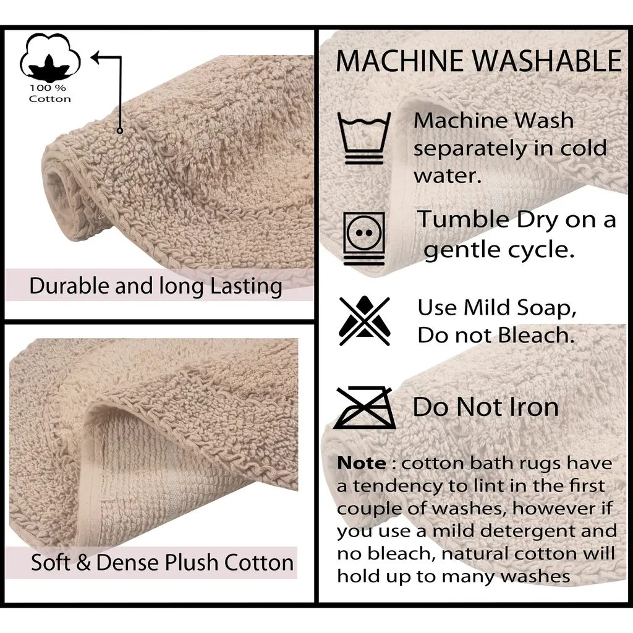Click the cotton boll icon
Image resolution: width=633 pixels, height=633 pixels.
point(50,57)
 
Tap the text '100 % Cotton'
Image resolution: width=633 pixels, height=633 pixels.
point(49,93)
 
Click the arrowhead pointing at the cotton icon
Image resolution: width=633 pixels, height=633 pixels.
point(96,57)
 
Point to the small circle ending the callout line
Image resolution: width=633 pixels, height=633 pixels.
point(119,130)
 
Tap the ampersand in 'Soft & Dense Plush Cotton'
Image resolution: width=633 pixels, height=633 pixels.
point(83,563)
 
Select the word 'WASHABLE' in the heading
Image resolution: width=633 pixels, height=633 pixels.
point(547,61)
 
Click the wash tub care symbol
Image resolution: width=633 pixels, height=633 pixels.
point(364,138)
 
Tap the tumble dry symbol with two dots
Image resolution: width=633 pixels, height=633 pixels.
point(364,238)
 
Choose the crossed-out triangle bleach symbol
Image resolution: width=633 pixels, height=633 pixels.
point(365,321)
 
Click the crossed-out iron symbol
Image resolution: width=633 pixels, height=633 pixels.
point(365,407)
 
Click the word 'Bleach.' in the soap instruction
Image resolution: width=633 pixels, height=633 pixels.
point(536,335)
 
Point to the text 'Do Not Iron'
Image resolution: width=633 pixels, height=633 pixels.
point(486,407)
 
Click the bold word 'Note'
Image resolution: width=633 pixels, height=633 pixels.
point(361,463)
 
